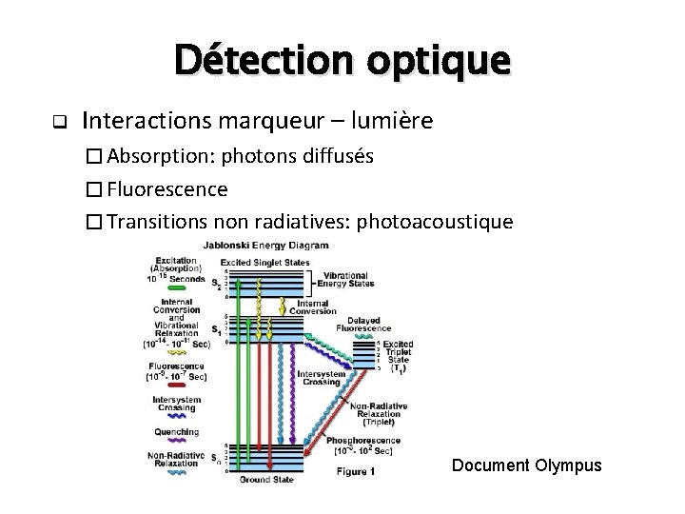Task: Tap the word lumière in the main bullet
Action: tap(390, 121)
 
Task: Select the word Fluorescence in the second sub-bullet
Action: tap(167, 188)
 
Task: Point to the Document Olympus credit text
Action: tap(527, 465)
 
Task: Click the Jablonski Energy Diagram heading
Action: tap(275, 245)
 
